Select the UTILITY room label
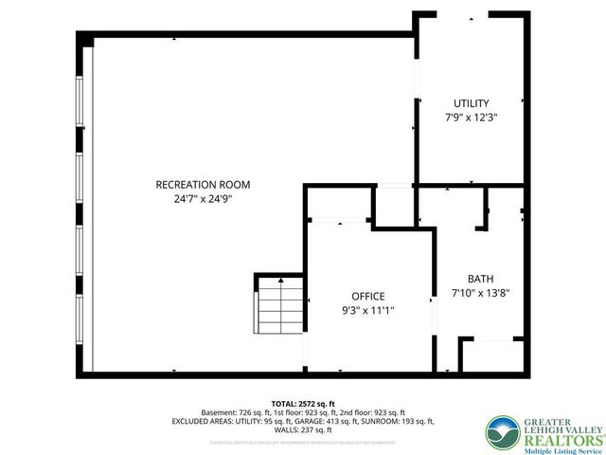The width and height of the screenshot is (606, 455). [471, 103]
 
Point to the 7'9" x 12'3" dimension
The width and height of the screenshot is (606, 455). [471, 118]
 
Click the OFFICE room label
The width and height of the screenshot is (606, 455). [368, 297]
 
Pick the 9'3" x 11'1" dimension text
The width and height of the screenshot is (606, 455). [368, 310]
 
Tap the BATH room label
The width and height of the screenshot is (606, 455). [480, 279]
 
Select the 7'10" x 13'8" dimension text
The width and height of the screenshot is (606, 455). [480, 293]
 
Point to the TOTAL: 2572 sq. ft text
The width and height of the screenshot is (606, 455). [303, 403]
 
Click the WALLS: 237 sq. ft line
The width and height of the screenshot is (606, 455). [303, 429]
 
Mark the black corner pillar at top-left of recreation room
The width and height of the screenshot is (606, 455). [85, 39]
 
